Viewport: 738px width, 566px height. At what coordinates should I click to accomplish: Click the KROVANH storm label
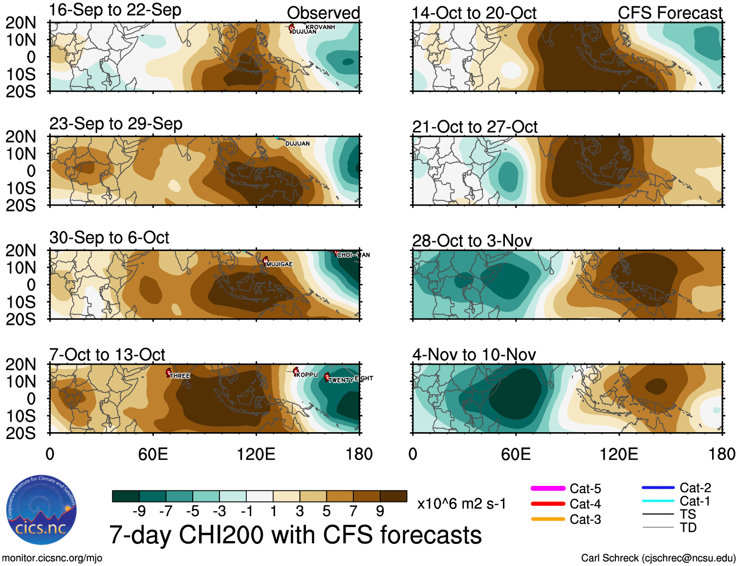[x=320, y=27]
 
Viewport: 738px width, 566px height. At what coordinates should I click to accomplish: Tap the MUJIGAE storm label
[x=279, y=264]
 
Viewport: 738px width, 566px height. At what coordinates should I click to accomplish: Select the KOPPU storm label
[x=307, y=375]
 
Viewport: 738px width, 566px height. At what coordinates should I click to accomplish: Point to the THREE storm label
[x=180, y=376]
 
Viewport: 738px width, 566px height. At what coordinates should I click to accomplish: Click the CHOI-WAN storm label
[x=353, y=255]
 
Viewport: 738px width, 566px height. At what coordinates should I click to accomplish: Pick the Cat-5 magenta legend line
[x=548, y=488]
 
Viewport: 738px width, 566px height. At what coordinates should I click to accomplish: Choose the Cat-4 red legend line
[x=548, y=503]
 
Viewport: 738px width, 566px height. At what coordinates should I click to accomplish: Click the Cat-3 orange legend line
[x=548, y=519]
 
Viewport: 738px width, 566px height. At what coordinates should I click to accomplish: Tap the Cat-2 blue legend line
[x=658, y=487]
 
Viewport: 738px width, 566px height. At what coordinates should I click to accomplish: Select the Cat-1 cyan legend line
[x=658, y=501]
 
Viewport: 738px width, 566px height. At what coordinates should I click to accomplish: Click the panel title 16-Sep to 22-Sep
[x=115, y=10]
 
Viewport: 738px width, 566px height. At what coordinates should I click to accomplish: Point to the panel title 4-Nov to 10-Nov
[x=474, y=355]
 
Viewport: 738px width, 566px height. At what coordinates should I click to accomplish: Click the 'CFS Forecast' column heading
[x=670, y=13]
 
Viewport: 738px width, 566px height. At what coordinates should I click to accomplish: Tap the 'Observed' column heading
[x=323, y=13]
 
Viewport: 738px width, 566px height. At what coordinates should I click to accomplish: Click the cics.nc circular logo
[x=42, y=510]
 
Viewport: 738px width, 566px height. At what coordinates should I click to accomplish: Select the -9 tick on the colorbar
[x=139, y=511]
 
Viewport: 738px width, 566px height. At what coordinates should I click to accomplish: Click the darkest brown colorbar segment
[x=393, y=496]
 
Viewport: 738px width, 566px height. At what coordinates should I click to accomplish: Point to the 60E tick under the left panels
[x=153, y=454]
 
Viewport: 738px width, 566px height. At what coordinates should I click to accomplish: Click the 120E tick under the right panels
[x=619, y=454]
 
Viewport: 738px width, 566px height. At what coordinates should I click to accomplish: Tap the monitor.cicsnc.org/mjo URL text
[x=52, y=558]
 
